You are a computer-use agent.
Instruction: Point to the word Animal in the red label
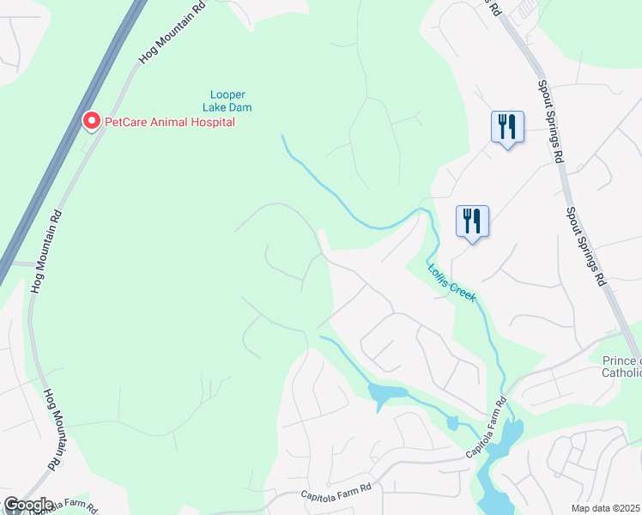point(168,122)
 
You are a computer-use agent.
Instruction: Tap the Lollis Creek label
point(451,281)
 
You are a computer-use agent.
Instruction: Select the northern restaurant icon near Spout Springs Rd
point(507,128)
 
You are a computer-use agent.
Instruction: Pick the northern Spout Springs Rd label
point(550,121)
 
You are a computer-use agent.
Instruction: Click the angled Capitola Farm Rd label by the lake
point(487,427)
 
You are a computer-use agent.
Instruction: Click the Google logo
point(27,505)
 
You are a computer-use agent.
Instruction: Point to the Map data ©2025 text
point(604,508)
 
